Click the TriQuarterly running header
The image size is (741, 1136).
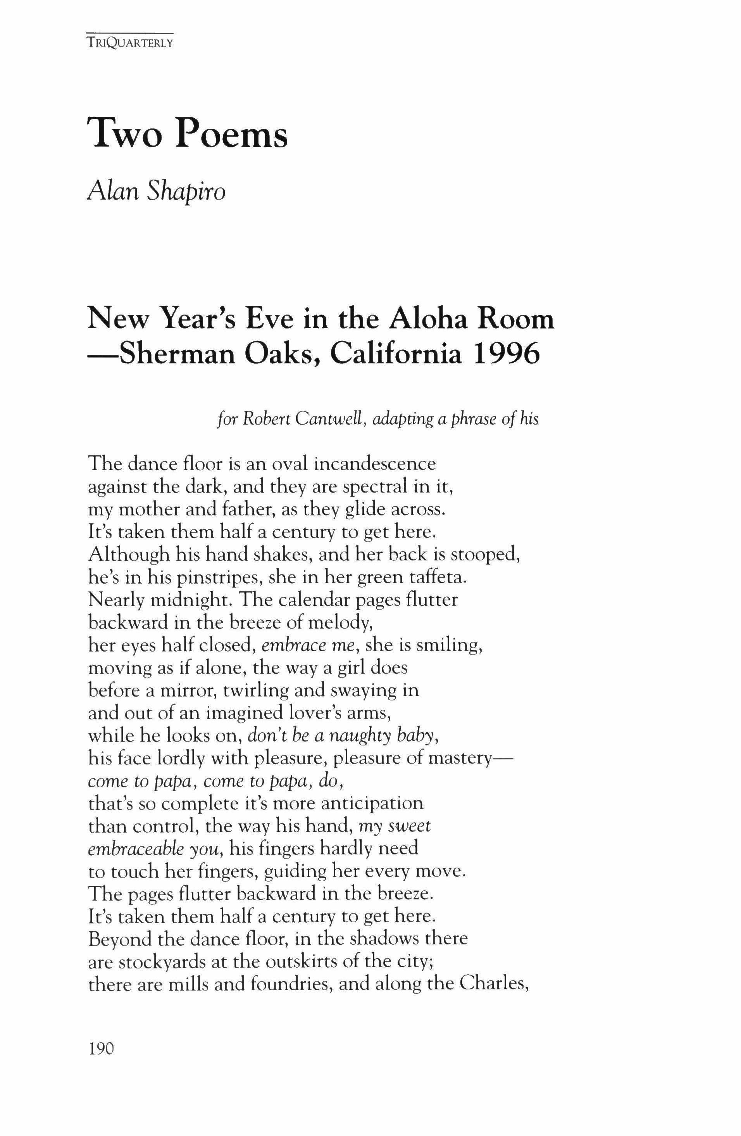click(x=129, y=43)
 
